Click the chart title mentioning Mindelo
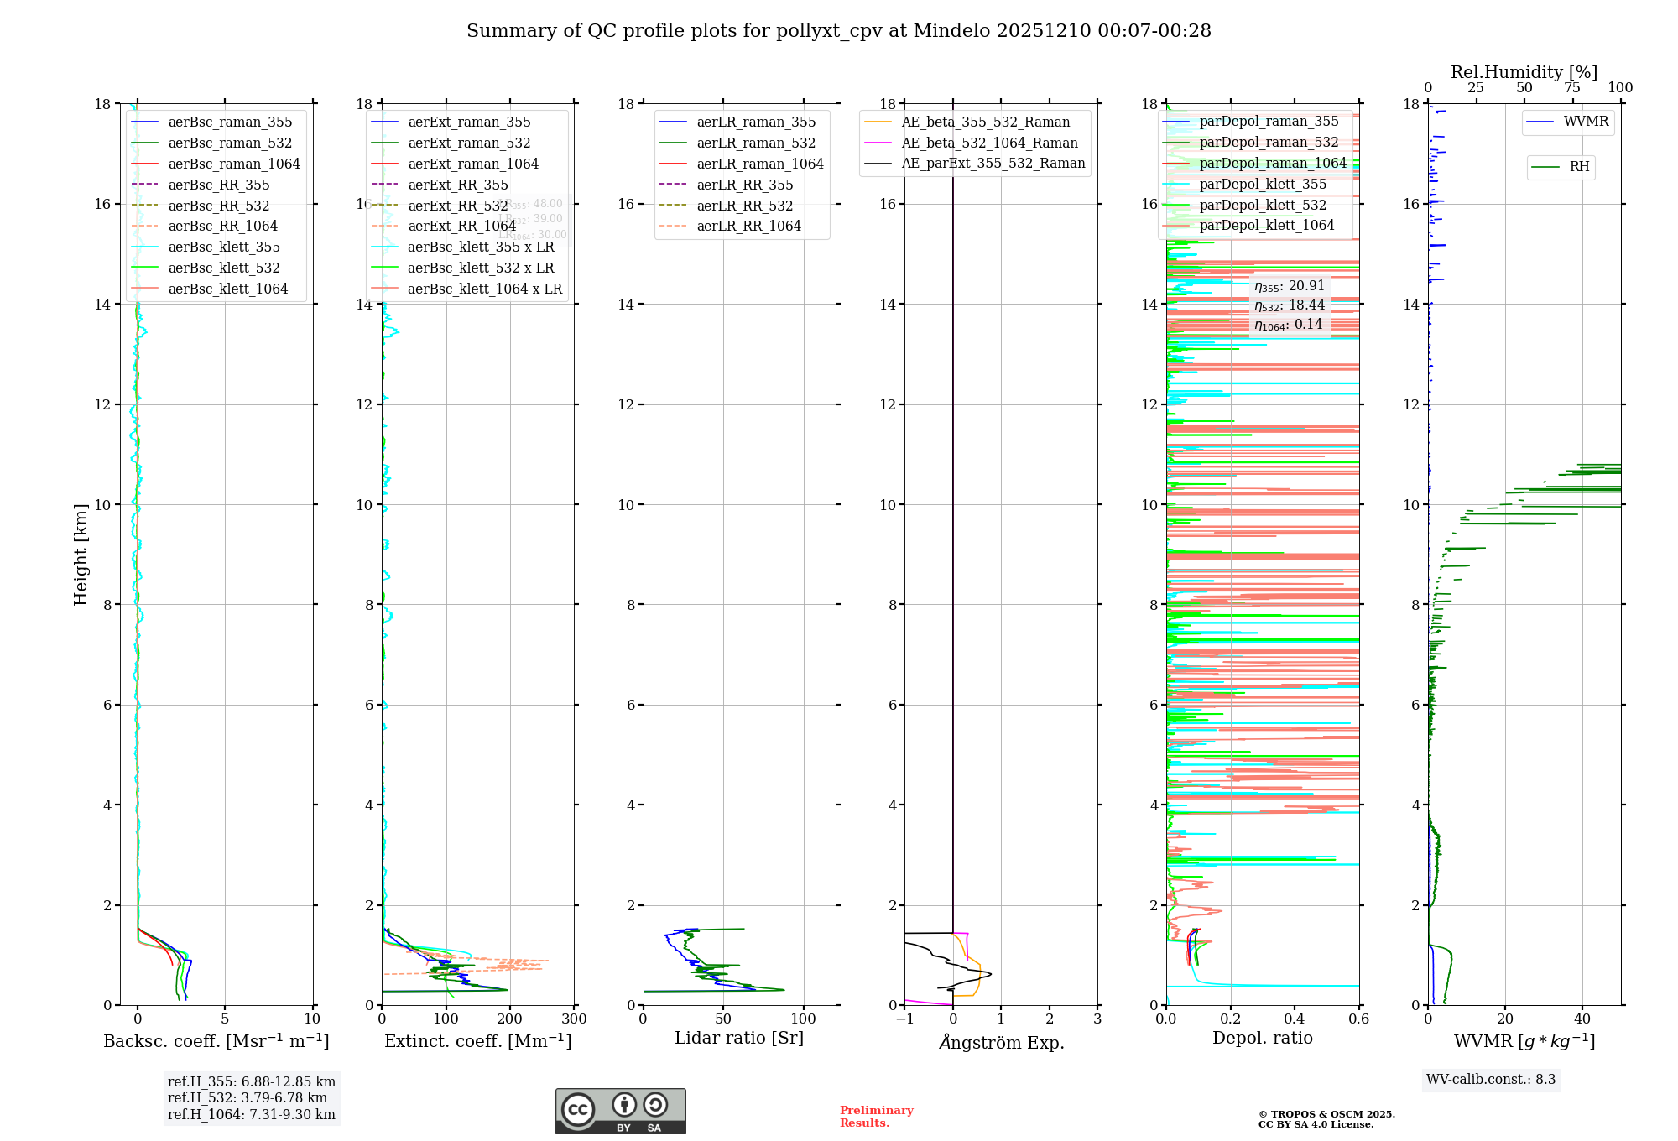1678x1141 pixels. [838, 31]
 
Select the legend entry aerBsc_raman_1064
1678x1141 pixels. [233, 164]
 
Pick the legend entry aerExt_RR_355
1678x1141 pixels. [457, 185]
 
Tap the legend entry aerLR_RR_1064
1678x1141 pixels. [748, 226]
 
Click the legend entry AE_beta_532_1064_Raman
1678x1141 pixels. [989, 143]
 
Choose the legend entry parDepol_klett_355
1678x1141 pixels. [1263, 184]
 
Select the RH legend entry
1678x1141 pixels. [1579, 167]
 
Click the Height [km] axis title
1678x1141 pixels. [81, 555]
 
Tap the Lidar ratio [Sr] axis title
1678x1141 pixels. [738, 1038]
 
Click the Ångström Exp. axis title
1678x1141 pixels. [1001, 1042]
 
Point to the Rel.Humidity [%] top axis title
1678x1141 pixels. [1524, 72]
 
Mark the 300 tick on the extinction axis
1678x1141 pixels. [575, 1019]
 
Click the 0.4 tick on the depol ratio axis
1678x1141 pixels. [1295, 1019]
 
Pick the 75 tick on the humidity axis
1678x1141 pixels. [1572, 88]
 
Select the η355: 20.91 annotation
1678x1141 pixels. [1289, 286]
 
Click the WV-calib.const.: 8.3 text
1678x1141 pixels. [1491, 1080]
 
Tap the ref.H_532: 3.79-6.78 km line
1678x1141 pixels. [248, 1098]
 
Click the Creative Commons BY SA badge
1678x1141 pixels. [620, 1112]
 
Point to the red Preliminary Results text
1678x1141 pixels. [876, 1117]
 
